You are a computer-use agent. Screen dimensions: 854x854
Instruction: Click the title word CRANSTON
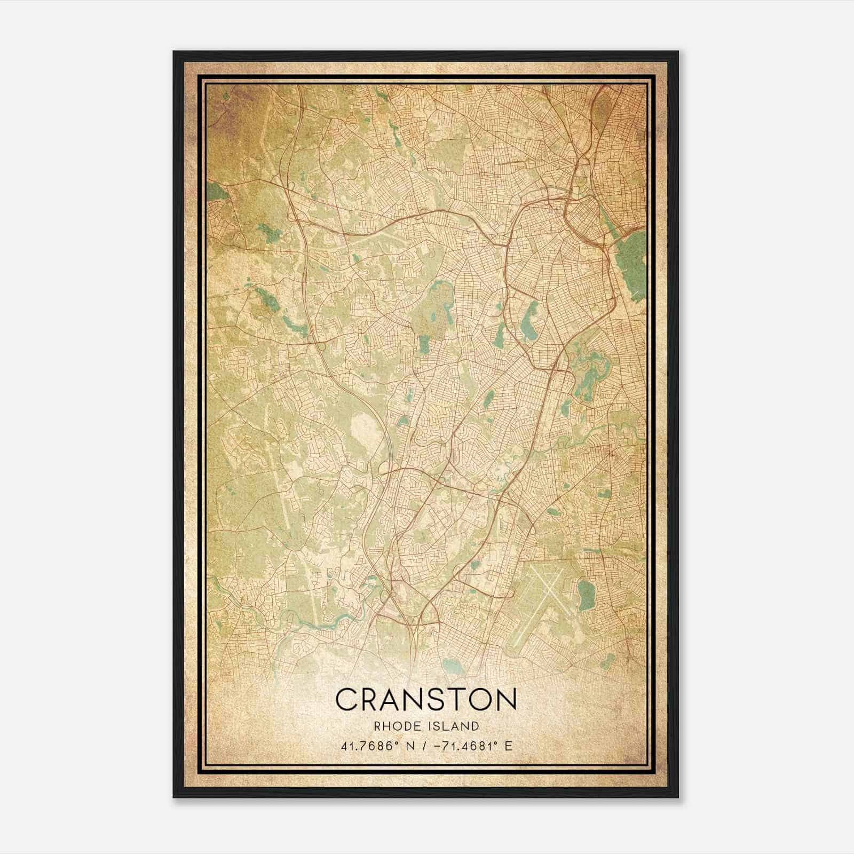click(426, 699)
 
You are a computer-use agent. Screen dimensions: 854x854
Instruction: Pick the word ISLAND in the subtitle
click(454, 726)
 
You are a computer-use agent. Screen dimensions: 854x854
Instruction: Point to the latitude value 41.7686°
click(370, 746)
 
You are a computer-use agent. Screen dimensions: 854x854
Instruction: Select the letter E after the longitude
click(509, 746)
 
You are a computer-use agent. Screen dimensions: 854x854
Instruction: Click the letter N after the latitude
click(409, 746)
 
